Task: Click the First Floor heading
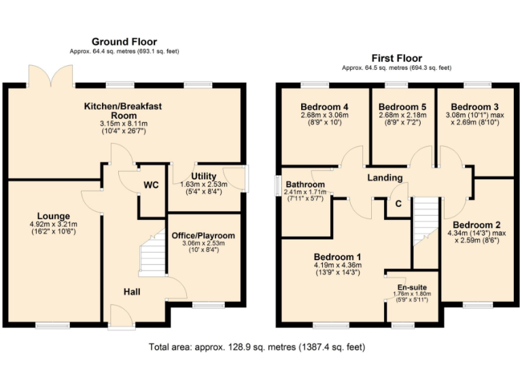pyautogui.click(x=396, y=58)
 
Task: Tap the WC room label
pyautogui.click(x=151, y=185)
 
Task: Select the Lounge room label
pyautogui.click(x=54, y=217)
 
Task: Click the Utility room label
pyautogui.click(x=204, y=176)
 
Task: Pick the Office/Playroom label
pyautogui.click(x=203, y=236)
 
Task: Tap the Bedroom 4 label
pyautogui.click(x=324, y=107)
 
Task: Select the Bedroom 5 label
pyautogui.click(x=402, y=107)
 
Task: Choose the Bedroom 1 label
pyautogui.click(x=337, y=257)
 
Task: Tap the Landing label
pyautogui.click(x=385, y=178)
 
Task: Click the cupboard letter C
pyautogui.click(x=398, y=202)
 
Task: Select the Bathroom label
pyautogui.click(x=304, y=185)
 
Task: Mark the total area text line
pyautogui.click(x=257, y=347)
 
